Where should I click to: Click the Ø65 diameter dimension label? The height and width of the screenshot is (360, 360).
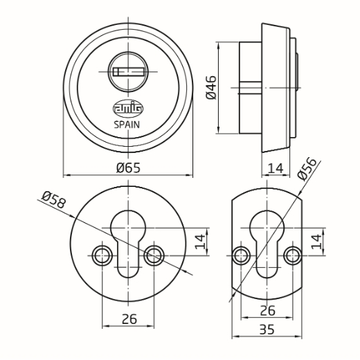click(128, 168)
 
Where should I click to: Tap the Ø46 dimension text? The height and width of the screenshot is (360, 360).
click(211, 87)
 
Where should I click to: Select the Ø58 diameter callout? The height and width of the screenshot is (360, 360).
click(54, 200)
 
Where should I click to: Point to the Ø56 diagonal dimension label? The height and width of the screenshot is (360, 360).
click(307, 169)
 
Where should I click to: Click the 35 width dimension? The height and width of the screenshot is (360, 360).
click(267, 330)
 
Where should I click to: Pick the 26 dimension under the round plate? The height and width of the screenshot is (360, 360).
click(129, 319)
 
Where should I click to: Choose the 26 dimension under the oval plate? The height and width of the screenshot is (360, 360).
click(268, 310)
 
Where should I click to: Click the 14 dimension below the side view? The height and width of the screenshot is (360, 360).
click(276, 168)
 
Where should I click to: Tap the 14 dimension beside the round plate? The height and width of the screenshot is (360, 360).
click(200, 242)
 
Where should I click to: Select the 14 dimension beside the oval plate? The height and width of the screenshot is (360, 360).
click(316, 242)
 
